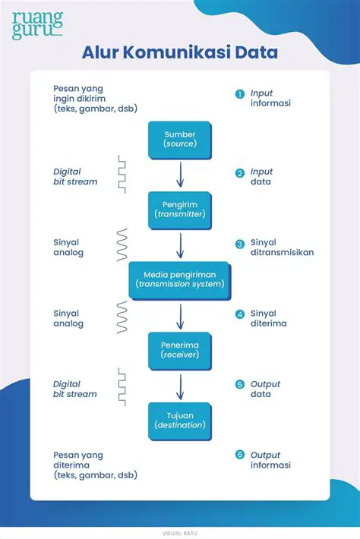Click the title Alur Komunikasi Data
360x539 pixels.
[179, 53]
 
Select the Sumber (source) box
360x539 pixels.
[179, 140]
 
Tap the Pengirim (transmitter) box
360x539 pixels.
[179, 209]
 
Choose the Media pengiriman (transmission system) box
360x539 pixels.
[179, 279]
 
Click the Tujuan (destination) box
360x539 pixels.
[179, 420]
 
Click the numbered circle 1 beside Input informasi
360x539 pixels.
[239, 94]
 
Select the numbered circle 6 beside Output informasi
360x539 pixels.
[239, 455]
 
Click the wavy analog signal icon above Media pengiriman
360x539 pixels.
[121, 244]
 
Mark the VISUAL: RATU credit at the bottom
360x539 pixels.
[179, 511]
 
